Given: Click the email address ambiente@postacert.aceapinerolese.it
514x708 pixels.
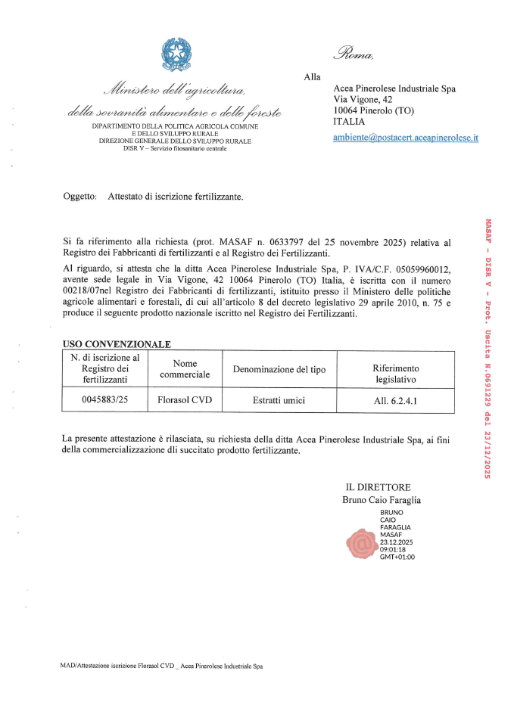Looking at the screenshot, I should pos(406,138).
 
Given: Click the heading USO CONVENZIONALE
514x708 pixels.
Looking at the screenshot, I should pos(116,344).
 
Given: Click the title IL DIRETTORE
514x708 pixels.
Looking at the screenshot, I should pos(378,487).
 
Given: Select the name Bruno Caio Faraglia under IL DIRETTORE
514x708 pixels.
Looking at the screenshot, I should pos(382,500).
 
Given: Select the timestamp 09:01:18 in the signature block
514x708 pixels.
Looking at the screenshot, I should pos(393,550).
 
